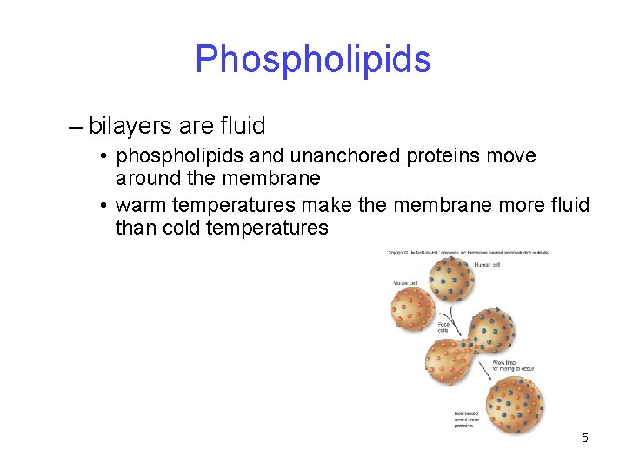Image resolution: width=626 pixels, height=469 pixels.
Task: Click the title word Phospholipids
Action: [x=313, y=59]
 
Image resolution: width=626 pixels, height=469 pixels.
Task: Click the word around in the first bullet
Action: [x=148, y=178]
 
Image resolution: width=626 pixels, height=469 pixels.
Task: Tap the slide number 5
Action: [x=585, y=438]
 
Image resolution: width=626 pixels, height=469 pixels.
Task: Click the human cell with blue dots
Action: [x=450, y=278]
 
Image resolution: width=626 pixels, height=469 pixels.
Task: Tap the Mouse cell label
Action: [x=403, y=282]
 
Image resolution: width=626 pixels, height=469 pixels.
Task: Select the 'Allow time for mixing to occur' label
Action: [x=512, y=365]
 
